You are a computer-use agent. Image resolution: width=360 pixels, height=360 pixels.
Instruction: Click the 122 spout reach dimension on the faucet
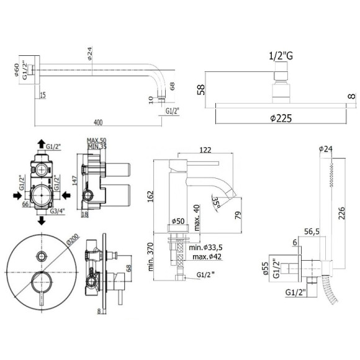205,150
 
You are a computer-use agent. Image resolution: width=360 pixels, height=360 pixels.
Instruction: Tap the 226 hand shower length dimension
342,213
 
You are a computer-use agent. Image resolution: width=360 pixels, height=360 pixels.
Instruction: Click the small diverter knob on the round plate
42,256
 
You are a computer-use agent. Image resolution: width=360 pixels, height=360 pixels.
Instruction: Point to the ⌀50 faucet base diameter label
178,222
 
